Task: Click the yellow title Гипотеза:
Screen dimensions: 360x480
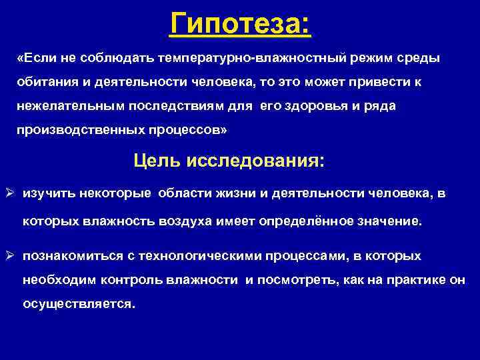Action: coord(240,25)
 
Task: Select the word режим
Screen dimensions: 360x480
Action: coord(361,58)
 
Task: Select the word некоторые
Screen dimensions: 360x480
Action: coord(117,194)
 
